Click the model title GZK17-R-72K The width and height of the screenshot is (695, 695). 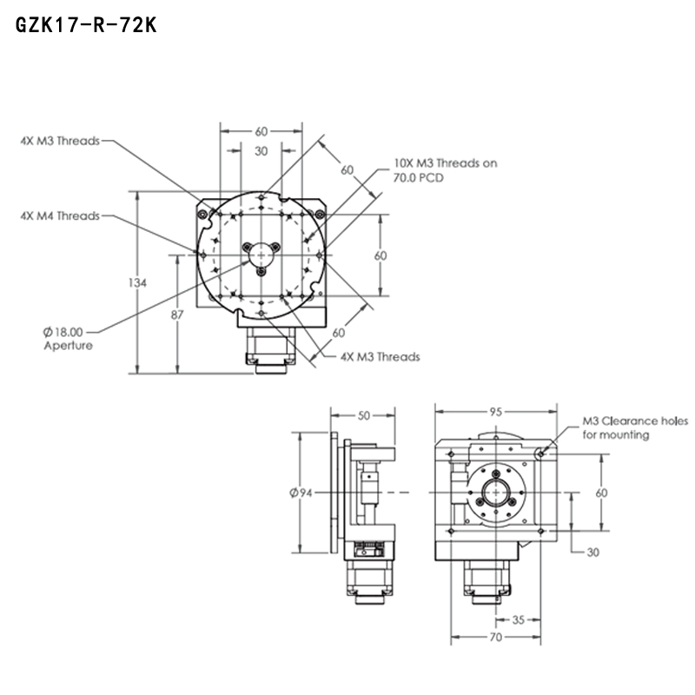click(85, 27)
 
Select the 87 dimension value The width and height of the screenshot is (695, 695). click(177, 314)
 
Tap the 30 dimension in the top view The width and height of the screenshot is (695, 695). click(261, 151)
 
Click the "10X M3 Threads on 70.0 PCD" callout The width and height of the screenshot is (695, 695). click(445, 169)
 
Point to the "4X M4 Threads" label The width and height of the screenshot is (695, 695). click(60, 216)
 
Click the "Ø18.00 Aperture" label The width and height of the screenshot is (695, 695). click(66, 338)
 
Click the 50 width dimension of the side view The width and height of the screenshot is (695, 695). click(363, 415)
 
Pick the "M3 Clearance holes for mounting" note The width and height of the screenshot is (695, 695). click(628, 427)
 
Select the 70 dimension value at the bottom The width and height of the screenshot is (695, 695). click(494, 638)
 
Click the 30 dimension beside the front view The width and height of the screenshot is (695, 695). click(592, 553)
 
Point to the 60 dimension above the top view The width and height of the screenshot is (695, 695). click(261, 132)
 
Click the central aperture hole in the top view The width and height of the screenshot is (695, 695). click(261, 254)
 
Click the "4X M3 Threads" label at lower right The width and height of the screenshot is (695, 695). click(380, 356)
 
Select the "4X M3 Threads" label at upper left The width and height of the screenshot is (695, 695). click(60, 140)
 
